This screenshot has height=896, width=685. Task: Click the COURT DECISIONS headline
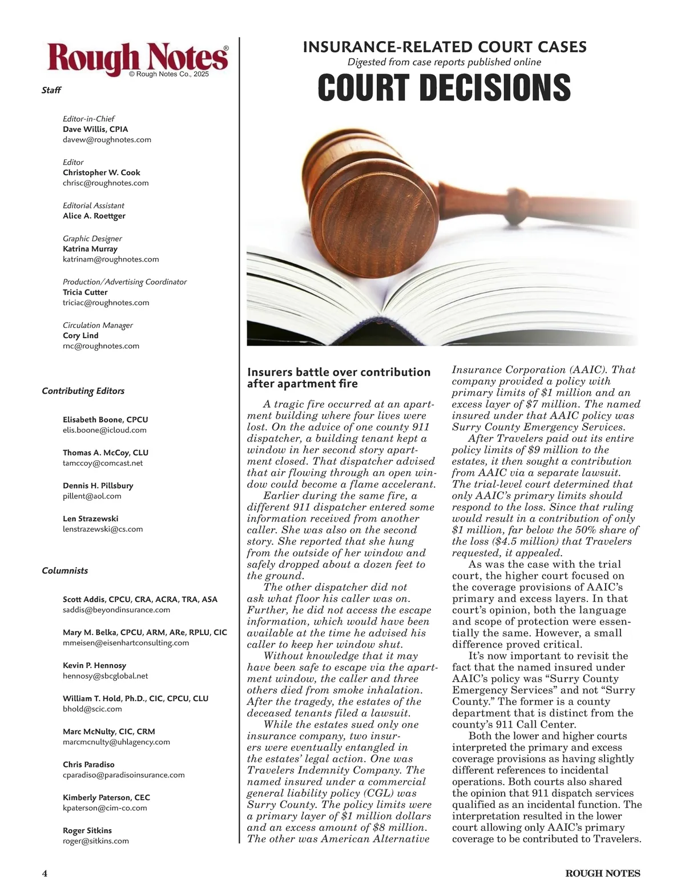coord(444,87)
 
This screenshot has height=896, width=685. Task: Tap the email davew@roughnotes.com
coord(107,139)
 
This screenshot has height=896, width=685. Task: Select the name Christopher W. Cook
coord(101,172)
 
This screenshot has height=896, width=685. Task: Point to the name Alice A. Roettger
coord(94,216)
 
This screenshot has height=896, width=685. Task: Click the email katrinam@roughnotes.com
coord(111,259)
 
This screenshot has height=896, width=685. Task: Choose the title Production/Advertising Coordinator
coord(124,282)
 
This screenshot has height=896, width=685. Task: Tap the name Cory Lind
coord(80,335)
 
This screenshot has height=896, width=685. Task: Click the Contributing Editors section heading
coord(83,391)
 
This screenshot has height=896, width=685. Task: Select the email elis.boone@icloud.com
coord(104,430)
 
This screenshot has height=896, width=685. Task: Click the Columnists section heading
coord(65,570)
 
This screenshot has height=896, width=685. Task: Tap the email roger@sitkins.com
coord(95,841)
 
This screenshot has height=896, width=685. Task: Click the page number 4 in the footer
coord(45,873)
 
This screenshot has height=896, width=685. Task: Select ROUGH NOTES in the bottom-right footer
coord(603,873)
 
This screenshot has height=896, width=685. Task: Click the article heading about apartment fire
coord(339,377)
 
